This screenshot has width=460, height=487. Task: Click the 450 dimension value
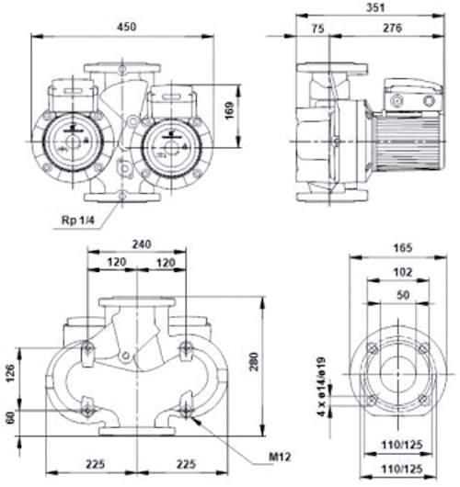point(127,27)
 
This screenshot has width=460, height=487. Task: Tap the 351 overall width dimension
point(375,7)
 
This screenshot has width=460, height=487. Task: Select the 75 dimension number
point(318,28)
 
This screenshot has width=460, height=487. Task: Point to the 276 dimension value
point(392,28)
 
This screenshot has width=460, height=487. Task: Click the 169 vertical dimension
point(229,110)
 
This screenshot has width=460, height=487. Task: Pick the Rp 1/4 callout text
point(78,221)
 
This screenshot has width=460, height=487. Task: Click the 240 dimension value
point(142,244)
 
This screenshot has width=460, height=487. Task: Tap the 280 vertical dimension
point(254,361)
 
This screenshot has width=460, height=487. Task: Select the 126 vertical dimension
point(10,373)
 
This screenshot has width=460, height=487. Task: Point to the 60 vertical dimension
point(10,418)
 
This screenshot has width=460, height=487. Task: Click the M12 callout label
point(280,457)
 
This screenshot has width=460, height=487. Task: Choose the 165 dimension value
point(403,248)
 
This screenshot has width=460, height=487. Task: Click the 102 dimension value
point(403,272)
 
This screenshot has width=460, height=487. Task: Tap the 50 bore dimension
point(403,294)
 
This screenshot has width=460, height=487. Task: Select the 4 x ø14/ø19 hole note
point(321,386)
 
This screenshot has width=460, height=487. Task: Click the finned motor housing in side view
point(408,143)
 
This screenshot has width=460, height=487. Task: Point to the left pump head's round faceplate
point(73,142)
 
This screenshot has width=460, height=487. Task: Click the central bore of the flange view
point(397,374)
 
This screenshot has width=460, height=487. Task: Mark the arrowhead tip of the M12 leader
point(190,416)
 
